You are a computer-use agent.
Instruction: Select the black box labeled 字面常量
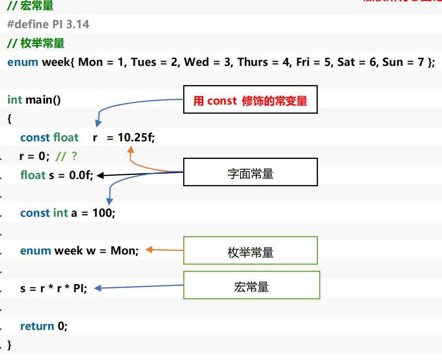(x=250, y=172)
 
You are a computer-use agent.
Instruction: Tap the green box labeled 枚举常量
(x=250, y=251)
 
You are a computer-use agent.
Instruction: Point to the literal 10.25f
(x=136, y=138)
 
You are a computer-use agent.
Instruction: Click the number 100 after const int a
(x=103, y=213)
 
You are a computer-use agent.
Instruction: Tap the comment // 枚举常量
(x=36, y=43)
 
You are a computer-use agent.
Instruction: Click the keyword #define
(x=28, y=24)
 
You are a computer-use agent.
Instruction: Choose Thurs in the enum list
(x=253, y=62)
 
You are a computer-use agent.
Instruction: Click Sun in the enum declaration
(x=392, y=62)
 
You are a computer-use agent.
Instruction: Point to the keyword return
(x=37, y=326)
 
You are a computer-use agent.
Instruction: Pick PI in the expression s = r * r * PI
(x=79, y=288)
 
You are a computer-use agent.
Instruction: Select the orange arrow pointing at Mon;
(x=164, y=250)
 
